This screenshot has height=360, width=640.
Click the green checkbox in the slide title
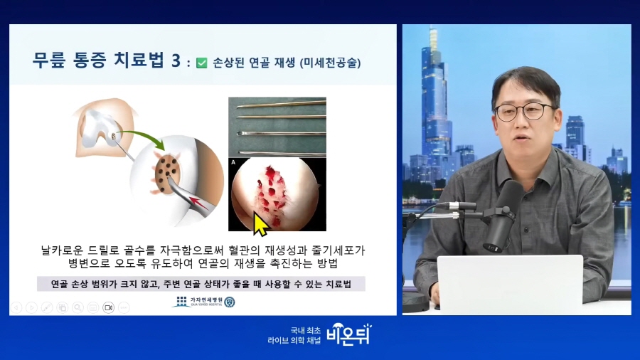[x=202, y=63]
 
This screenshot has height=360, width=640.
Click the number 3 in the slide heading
[x=176, y=60]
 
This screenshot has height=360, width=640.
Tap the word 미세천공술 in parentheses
[x=330, y=63]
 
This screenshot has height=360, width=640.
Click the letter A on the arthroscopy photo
[x=233, y=162]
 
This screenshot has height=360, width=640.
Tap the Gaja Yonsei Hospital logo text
[x=206, y=301]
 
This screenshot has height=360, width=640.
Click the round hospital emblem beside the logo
[x=230, y=302]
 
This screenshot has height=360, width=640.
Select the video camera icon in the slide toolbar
[x=109, y=307]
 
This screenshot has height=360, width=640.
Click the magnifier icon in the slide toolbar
[x=78, y=307]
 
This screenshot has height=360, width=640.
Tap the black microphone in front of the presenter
[x=503, y=216]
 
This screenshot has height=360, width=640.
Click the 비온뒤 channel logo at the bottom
[x=350, y=334]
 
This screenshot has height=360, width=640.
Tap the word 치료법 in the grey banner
[x=338, y=284]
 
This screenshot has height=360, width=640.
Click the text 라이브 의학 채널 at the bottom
[x=294, y=340]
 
